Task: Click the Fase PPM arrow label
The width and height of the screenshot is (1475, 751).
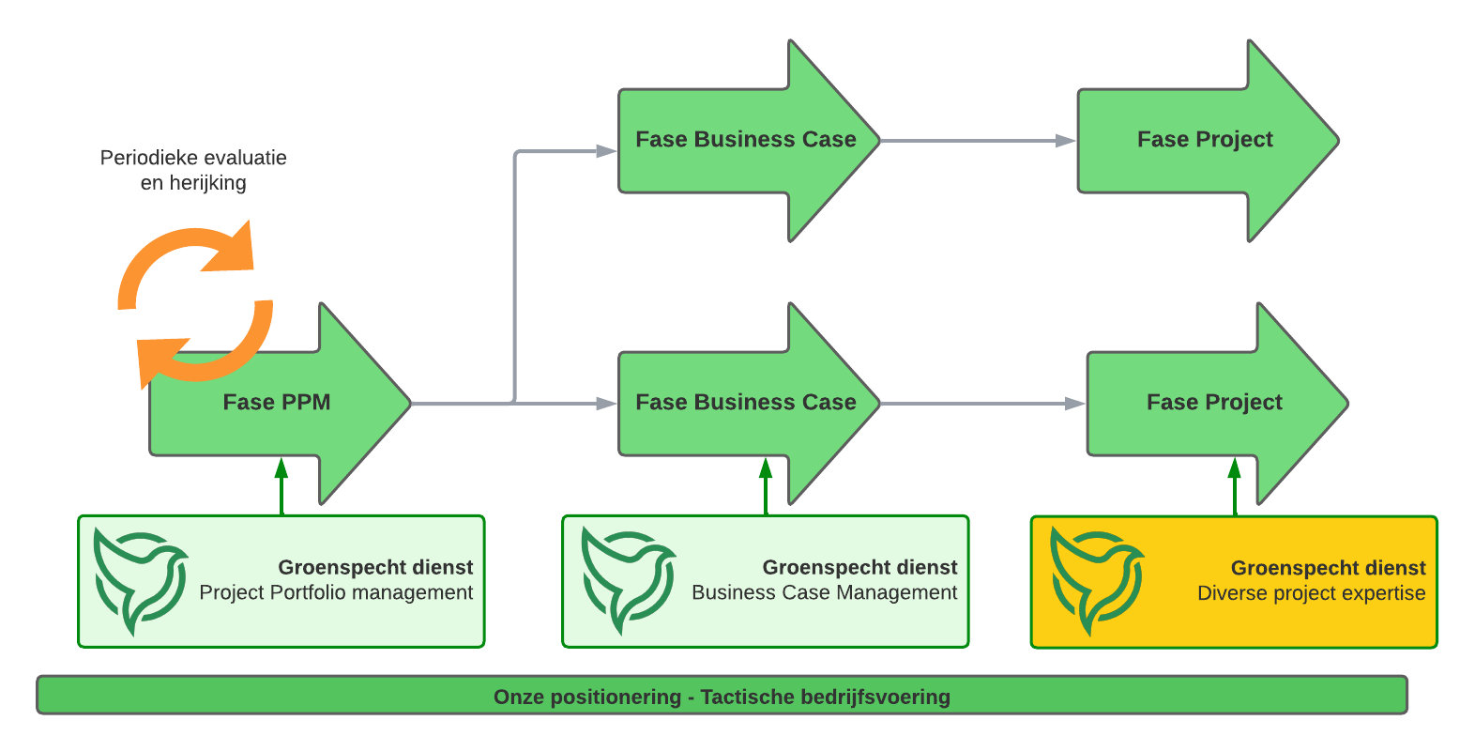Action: coord(277,402)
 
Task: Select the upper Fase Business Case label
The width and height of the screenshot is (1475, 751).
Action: coord(745,139)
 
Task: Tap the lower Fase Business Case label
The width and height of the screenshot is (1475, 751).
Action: coord(745,402)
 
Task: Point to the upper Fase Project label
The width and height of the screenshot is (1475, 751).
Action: coord(1205,140)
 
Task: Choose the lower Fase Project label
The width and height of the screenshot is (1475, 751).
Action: coord(1214,403)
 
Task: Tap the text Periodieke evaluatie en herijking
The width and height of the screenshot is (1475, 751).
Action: coord(193,170)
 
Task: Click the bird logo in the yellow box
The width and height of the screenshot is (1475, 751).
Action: coord(1097,581)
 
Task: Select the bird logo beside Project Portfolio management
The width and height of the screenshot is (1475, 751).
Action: coord(140,581)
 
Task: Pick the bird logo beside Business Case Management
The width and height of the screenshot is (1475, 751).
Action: coord(629,581)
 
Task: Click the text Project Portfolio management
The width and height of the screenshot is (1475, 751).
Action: coord(336,593)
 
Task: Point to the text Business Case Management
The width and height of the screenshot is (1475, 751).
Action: coord(825,593)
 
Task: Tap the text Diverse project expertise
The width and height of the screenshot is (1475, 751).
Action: coord(1311,593)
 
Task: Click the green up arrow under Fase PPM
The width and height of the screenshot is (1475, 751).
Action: coord(281,486)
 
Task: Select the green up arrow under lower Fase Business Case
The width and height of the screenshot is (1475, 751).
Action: coord(765,486)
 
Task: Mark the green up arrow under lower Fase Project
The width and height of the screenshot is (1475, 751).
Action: coord(1235,486)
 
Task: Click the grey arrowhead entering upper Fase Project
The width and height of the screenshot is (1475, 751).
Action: coord(1065,140)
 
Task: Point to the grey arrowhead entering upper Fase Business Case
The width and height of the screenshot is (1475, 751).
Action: coord(606,151)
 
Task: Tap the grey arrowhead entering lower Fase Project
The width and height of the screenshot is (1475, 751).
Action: coord(1074,403)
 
